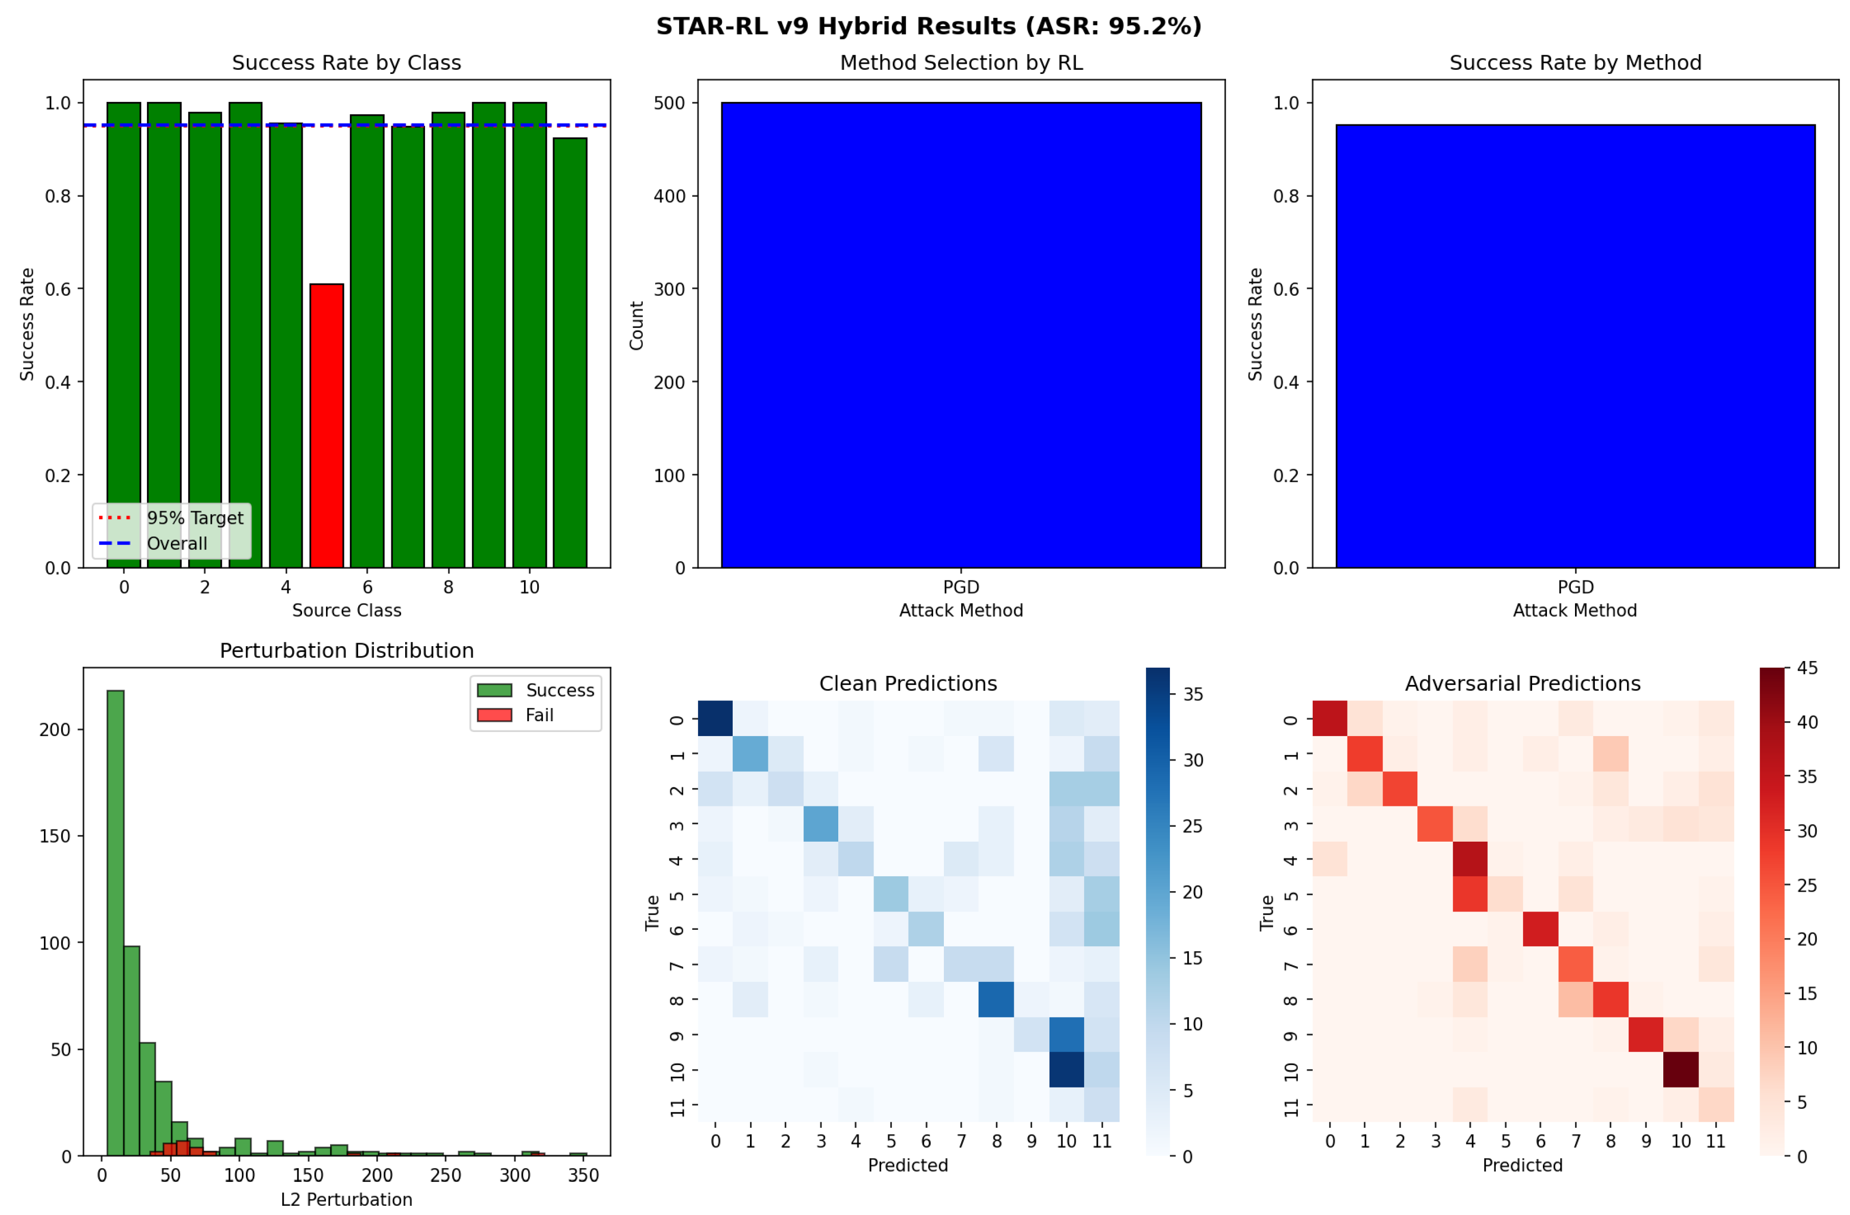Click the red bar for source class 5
327,426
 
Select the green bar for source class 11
570,353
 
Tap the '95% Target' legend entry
194,518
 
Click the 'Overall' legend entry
177,543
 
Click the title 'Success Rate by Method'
1575,63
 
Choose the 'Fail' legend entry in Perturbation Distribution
539,715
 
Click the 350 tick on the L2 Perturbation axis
583,1175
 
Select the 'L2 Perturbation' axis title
346,1200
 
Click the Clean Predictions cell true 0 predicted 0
715,718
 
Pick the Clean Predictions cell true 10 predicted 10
1066,1069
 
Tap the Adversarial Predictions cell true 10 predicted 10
1681,1069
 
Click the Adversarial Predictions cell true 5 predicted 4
1470,894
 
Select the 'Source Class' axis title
346,610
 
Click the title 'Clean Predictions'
908,684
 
